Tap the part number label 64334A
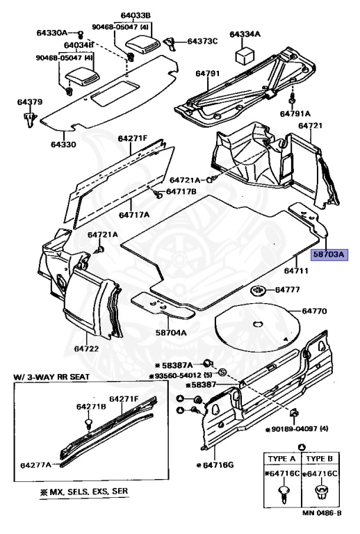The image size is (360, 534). tap(245, 34)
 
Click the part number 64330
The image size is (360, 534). tap(64, 145)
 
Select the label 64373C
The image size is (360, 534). tap(202, 42)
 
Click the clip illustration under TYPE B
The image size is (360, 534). tap(322, 493)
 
